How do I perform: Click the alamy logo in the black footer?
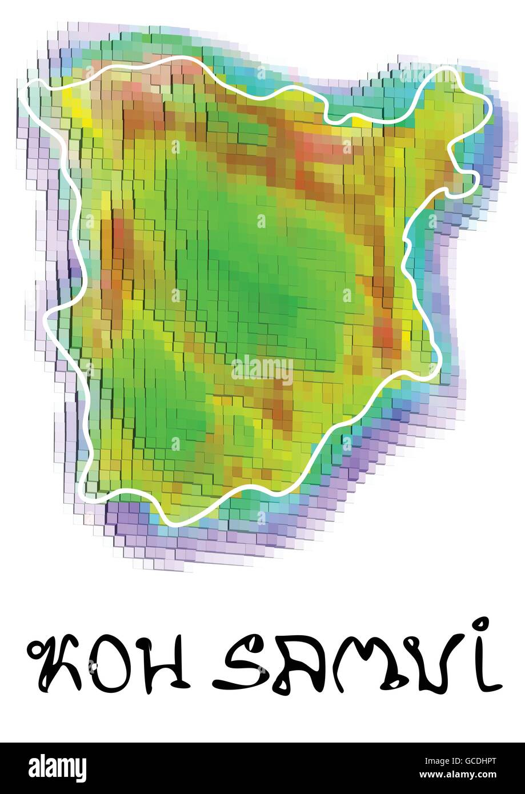click(x=58, y=768)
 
